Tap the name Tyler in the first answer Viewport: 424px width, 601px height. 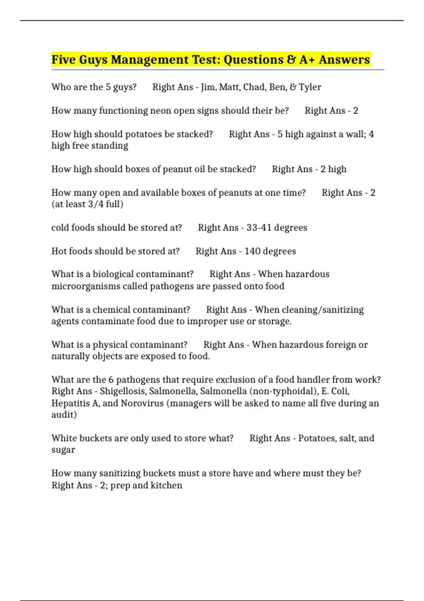[x=310, y=87]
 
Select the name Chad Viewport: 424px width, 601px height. [x=254, y=87]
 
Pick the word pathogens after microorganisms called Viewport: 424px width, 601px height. [x=172, y=286]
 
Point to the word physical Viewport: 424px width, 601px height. [x=110, y=345]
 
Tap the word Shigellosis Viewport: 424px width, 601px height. [x=123, y=391]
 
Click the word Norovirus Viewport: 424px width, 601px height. [x=142, y=403]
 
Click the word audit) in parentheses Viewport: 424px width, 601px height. [x=64, y=415]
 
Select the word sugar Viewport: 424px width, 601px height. [x=63, y=450]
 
